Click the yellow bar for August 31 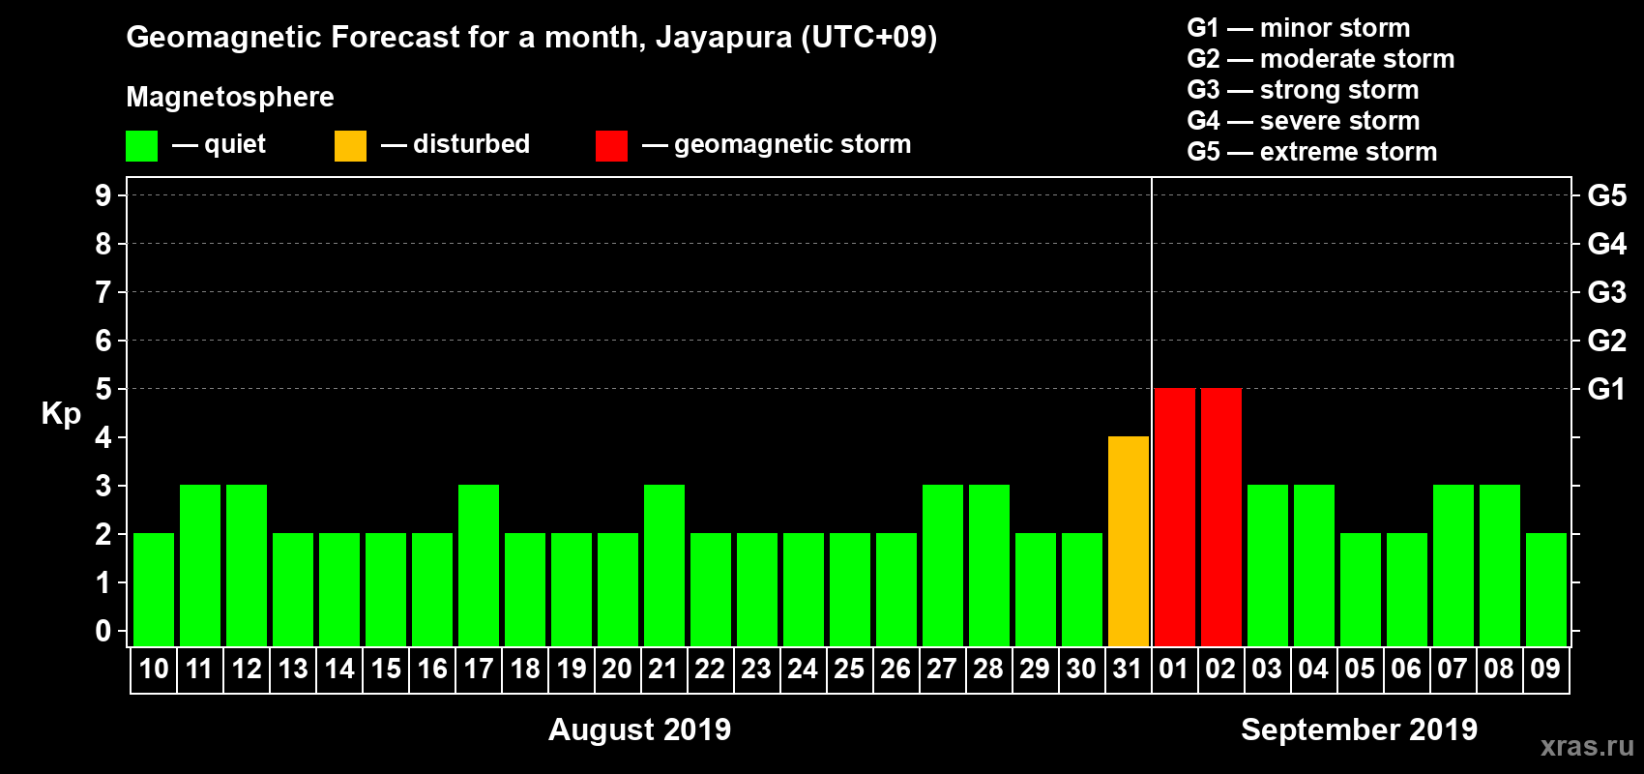[1129, 541]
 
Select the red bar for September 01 [1175, 517]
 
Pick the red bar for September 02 [1221, 517]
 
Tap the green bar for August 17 [479, 565]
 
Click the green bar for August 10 [154, 589]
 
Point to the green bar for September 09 [1546, 589]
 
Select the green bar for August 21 [664, 565]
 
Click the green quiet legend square [142, 146]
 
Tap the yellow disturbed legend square [350, 146]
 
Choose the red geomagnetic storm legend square [611, 146]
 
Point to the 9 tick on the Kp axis [103, 195]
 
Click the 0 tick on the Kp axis [103, 632]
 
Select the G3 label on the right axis [1606, 292]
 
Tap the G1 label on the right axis [1606, 389]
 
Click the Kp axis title [61, 414]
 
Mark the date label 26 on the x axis [895, 669]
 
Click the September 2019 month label [1359, 729]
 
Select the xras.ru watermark [1587, 746]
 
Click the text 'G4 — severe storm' [1303, 121]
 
